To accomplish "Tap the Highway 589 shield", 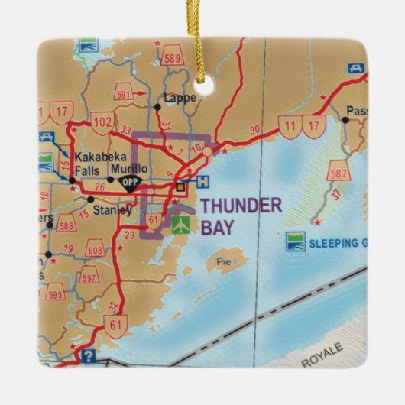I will pyautogui.click(x=173, y=59).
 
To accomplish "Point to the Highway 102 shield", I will pyautogui.click(x=102, y=122).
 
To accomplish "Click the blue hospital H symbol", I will pyautogui.click(x=202, y=183).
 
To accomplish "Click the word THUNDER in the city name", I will pyautogui.click(x=241, y=205).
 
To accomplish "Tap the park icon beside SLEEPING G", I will pyautogui.click(x=296, y=242).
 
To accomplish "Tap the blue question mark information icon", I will pyautogui.click(x=89, y=355).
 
